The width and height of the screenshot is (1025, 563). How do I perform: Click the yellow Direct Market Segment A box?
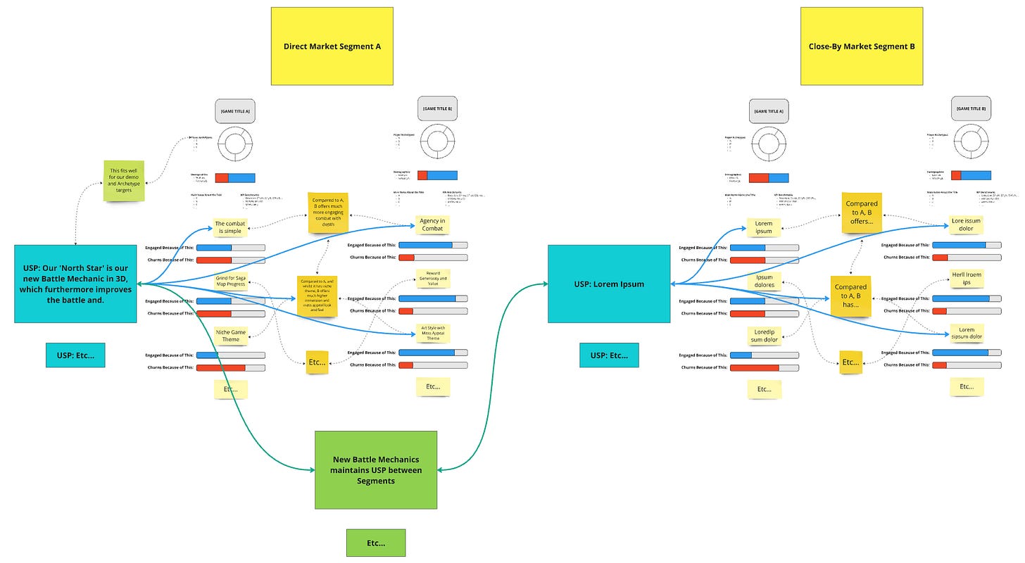point(332,46)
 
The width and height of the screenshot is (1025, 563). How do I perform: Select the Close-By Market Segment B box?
point(861,46)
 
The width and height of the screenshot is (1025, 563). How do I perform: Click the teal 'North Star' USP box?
point(75,284)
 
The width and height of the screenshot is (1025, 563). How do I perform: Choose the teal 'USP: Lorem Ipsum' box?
point(608,284)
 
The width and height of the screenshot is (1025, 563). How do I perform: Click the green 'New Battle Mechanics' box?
point(375,469)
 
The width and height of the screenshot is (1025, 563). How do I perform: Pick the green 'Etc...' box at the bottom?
point(375,543)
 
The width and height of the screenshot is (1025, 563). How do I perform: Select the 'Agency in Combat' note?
point(432,225)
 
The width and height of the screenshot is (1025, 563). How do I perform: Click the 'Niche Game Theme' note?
point(231,335)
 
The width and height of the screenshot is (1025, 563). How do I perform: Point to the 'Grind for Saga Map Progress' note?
point(231,281)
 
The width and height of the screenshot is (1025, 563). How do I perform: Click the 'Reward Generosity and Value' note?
point(432,277)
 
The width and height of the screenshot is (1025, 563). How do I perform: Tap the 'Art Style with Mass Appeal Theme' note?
point(432,333)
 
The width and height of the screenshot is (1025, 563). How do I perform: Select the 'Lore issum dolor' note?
point(966,225)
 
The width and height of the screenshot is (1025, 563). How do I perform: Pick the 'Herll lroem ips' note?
point(966,279)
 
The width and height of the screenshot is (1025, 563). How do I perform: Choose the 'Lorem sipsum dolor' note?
point(966,333)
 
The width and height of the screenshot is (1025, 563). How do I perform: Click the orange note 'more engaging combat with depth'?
point(329,213)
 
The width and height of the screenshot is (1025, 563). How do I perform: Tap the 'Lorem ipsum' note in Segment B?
point(764,227)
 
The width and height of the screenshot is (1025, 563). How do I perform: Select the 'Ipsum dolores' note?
point(764,281)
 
